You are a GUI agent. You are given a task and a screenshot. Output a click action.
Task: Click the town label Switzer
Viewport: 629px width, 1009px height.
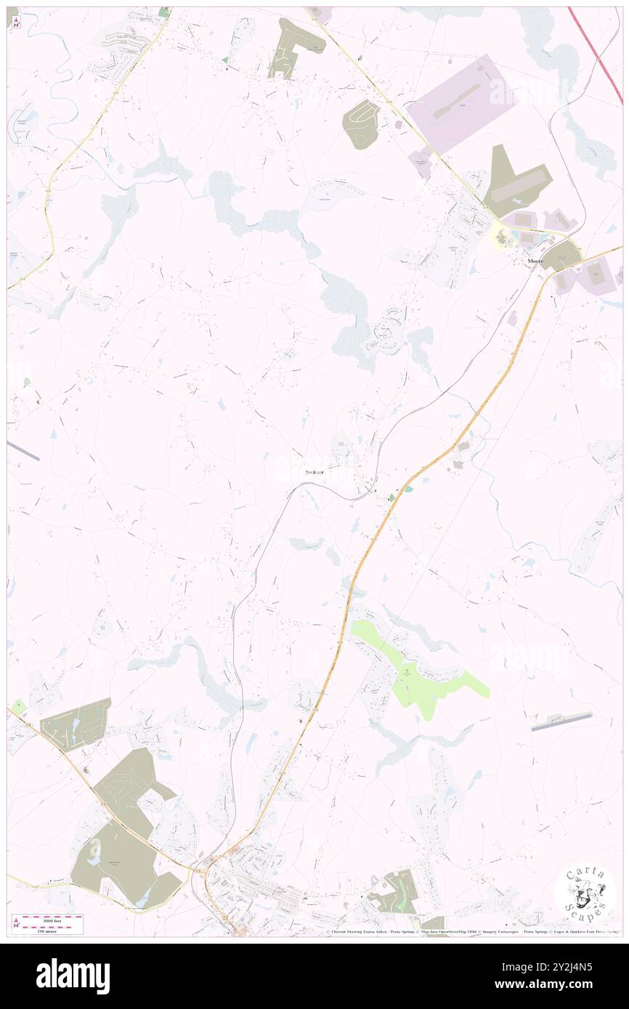314,472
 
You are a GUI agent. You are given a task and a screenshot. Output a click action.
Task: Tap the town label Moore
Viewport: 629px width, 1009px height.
535,260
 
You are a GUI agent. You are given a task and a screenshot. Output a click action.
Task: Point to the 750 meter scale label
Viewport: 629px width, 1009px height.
47,931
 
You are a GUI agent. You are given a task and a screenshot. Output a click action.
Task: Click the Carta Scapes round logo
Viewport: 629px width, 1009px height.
585,894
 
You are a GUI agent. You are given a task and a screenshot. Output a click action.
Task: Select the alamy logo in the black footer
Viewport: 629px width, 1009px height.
73,976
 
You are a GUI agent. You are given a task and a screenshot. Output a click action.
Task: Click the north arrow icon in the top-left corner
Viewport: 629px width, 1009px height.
16,23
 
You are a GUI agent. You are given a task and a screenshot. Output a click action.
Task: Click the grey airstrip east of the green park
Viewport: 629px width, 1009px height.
561,721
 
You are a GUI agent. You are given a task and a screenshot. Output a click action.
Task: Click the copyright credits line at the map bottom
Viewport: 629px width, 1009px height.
472,932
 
